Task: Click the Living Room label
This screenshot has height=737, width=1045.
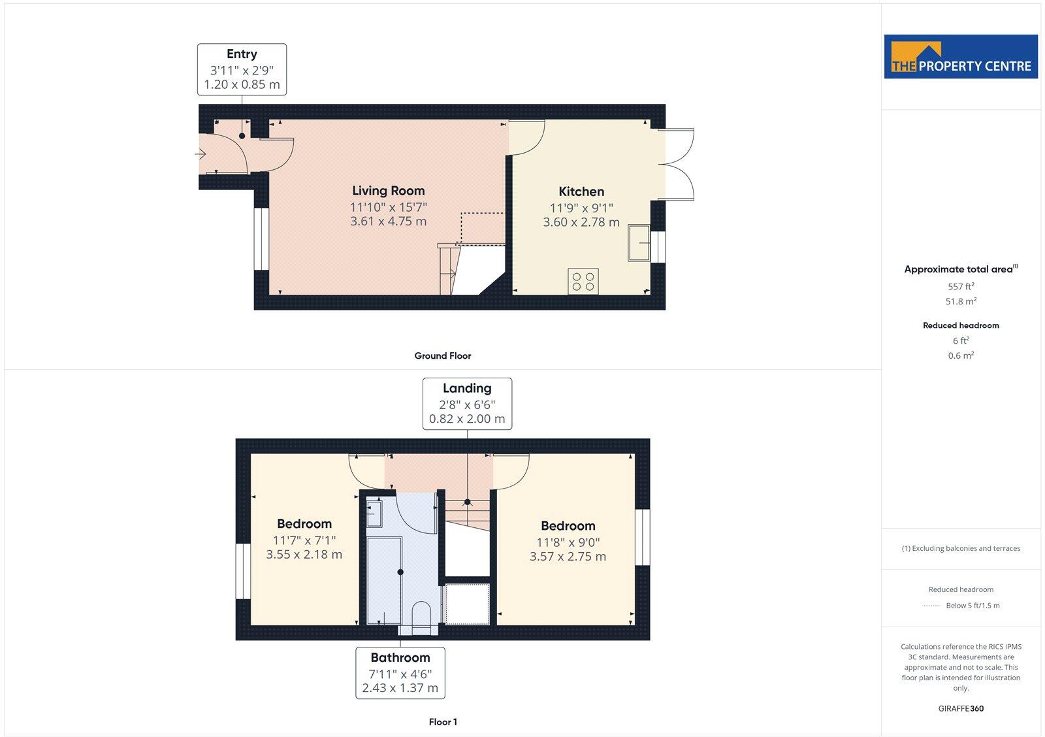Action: [x=388, y=191]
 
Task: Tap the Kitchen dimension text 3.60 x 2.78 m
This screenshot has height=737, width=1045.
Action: [x=581, y=222]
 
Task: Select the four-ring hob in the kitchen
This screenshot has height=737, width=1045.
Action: [x=583, y=281]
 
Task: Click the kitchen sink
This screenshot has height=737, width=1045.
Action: [x=639, y=243]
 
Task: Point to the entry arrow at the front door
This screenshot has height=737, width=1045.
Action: [x=201, y=154]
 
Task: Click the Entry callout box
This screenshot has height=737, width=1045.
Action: [x=242, y=69]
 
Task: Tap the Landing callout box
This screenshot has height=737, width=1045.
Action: [x=467, y=403]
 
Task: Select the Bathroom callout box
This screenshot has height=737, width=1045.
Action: [x=400, y=673]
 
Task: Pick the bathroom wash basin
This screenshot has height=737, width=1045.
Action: [x=374, y=513]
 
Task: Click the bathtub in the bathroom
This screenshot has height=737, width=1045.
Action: [x=384, y=580]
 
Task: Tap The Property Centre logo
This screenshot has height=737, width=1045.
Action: [x=961, y=57]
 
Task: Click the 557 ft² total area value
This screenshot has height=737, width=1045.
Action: [x=961, y=286]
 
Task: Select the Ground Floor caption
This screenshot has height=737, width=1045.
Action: [x=442, y=356]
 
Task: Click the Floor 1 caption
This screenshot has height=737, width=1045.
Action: [x=442, y=722]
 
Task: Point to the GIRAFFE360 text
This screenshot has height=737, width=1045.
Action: [x=961, y=708]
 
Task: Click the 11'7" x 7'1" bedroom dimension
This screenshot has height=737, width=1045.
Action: [x=304, y=540]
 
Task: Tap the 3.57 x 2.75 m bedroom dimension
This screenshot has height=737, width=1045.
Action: [x=568, y=557]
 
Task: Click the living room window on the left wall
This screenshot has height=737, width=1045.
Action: [x=261, y=239]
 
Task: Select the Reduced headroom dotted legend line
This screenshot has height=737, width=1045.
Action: [x=931, y=606]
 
